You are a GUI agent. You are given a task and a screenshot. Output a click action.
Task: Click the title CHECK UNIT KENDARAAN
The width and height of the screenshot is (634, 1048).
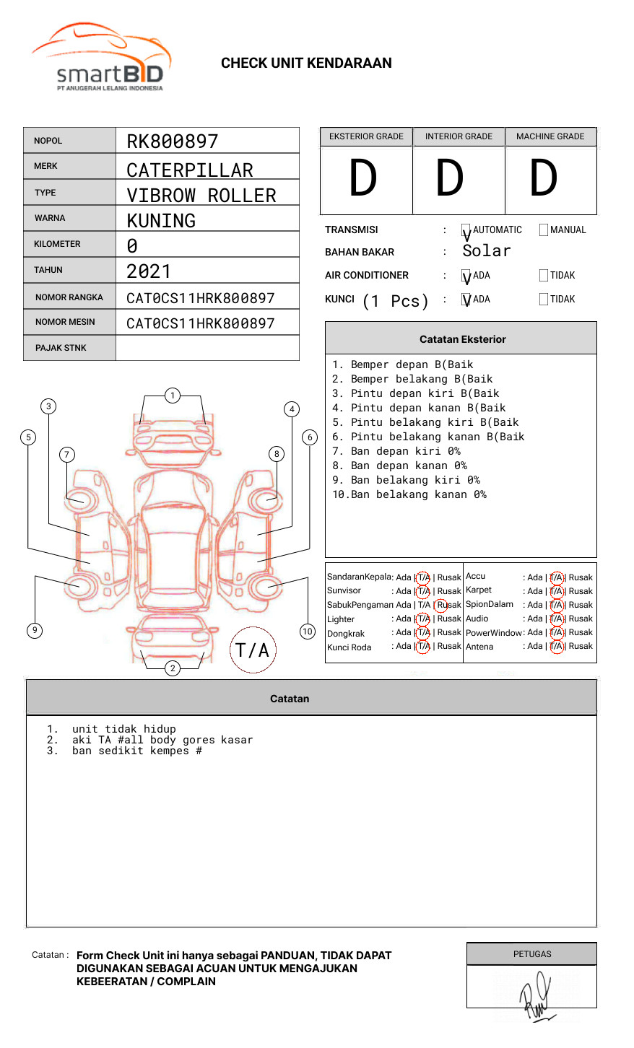[306, 64]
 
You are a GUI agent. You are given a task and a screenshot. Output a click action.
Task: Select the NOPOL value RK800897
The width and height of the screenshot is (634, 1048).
[172, 141]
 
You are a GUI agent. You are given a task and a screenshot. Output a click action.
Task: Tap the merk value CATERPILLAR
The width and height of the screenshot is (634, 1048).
[189, 170]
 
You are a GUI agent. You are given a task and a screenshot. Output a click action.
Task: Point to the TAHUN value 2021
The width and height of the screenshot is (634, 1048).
[149, 271]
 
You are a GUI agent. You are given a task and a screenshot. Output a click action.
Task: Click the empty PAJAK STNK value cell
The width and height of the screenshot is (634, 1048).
[207, 348]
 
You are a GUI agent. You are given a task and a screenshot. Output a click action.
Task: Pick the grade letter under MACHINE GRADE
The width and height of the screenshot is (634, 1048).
[544, 178]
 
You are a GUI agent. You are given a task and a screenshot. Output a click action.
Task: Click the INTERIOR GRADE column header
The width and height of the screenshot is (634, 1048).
[459, 136]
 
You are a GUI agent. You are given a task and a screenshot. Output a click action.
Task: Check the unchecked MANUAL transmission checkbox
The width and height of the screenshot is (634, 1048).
[544, 230]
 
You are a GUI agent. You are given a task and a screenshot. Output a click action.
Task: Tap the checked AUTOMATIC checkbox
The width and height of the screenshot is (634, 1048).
[466, 231]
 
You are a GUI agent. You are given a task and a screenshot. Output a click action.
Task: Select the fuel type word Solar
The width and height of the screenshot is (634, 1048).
[486, 251]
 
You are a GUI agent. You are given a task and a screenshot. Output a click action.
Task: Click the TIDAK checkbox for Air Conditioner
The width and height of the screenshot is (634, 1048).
[544, 276]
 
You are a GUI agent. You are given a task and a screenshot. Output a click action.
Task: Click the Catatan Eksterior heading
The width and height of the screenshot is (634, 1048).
[462, 339]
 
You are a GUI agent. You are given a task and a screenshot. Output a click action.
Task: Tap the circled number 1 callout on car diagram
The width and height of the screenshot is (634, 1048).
[172, 396]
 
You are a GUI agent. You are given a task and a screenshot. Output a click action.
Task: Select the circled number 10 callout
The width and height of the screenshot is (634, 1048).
[308, 632]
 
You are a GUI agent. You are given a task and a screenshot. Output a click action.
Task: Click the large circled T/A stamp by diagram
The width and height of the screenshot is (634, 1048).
[253, 650]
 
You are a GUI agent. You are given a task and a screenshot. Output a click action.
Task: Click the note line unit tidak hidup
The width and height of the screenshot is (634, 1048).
[123, 729]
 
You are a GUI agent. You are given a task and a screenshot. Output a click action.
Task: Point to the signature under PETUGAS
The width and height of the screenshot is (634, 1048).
[535, 997]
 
